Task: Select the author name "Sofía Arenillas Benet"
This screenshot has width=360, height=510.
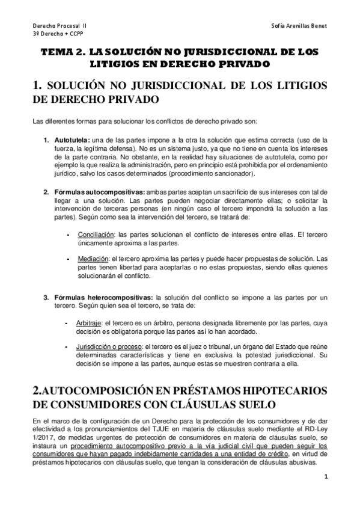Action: click(298, 26)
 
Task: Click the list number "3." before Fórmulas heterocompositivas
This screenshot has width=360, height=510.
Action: click(46, 297)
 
